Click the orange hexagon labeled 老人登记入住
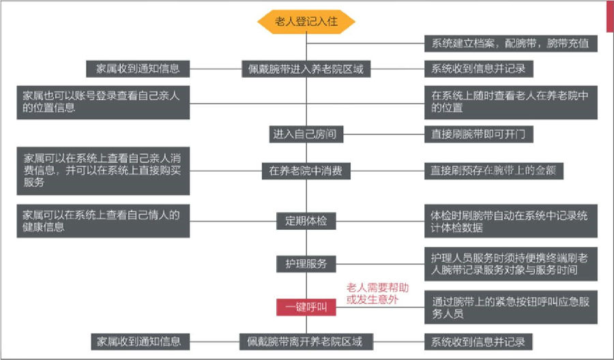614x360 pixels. (306, 22)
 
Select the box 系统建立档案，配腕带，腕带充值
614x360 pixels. (510, 44)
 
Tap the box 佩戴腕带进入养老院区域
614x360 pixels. (306, 69)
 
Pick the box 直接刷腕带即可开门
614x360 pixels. (478, 134)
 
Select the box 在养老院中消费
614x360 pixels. (306, 171)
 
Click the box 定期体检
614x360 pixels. (306, 221)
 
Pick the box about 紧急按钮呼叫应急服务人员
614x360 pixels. (510, 307)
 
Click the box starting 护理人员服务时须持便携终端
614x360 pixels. (510, 264)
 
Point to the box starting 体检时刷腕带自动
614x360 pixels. (510, 222)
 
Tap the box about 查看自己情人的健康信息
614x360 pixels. (103, 221)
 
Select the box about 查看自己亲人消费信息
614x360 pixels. (103, 170)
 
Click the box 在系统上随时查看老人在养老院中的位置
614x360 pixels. (510, 102)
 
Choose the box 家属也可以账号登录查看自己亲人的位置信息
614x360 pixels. (103, 102)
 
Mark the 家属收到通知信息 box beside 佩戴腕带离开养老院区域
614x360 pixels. (141, 341)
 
